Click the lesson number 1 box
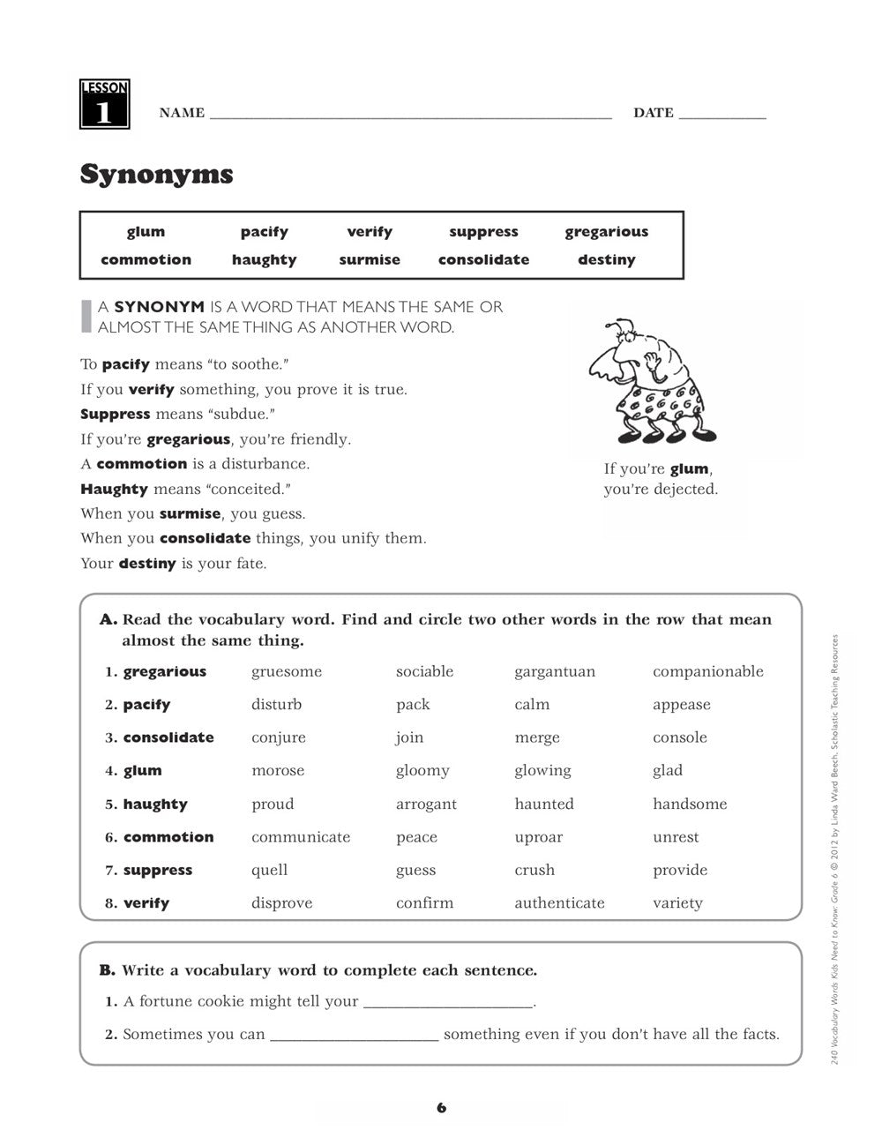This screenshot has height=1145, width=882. [105, 104]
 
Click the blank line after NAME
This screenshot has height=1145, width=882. [410, 115]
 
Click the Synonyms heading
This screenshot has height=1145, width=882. [156, 174]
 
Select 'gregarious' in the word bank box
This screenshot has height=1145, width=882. [606, 232]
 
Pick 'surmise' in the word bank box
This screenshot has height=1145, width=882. [369, 260]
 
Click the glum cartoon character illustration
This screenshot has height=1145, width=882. [648, 381]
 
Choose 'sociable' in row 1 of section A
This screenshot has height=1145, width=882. [424, 671]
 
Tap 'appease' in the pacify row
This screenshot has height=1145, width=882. [681, 705]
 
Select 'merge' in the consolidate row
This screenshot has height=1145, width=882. [536, 737]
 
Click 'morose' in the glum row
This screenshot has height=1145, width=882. [278, 771]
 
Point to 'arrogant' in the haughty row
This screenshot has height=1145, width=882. [426, 804]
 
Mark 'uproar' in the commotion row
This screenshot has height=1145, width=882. [538, 837]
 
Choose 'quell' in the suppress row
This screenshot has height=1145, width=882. [269, 871]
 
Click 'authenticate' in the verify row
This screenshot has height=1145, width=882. [559, 903]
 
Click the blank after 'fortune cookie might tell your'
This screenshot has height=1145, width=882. [448, 1003]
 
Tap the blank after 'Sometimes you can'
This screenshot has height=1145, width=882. [354, 1036]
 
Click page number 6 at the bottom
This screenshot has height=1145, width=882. [441, 1108]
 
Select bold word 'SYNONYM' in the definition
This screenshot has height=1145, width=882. [159, 307]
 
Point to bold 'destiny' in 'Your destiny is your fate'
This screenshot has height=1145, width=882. [147, 564]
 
